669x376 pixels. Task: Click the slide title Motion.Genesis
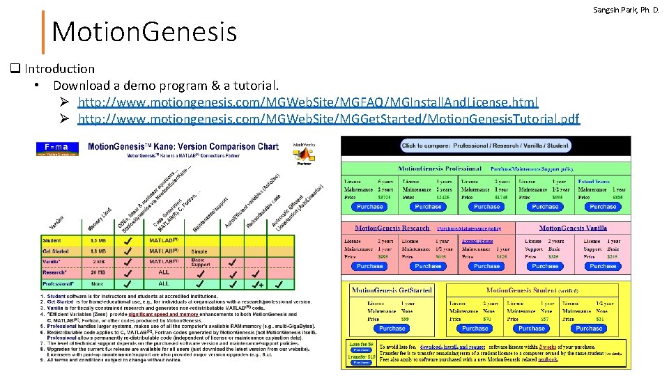pyautogui.click(x=144, y=31)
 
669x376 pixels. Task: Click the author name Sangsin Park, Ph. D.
pyautogui.click(x=626, y=11)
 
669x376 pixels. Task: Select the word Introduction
pyautogui.click(x=59, y=68)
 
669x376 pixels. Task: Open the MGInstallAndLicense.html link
pyautogui.click(x=308, y=102)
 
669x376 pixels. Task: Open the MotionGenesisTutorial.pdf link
pyautogui.click(x=328, y=119)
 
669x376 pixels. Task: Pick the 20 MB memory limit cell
pyautogui.click(x=98, y=273)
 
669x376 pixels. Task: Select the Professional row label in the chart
pyautogui.click(x=58, y=284)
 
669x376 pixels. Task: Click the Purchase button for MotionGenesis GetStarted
pyautogui.click(x=392, y=328)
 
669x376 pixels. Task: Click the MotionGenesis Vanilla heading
pyautogui.click(x=573, y=228)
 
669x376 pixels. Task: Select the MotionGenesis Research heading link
pyautogui.click(x=392, y=228)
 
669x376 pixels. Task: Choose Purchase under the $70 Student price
pyautogui.click(x=475, y=328)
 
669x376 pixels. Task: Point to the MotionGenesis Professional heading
pyautogui.click(x=440, y=169)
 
